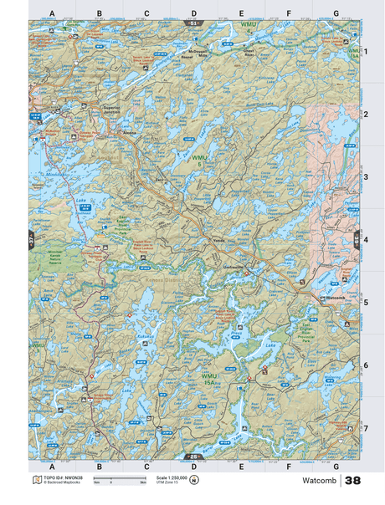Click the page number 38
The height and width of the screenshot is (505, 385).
point(352,481)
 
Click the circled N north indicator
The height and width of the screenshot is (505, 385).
point(194,479)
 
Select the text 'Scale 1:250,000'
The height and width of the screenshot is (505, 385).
point(161,477)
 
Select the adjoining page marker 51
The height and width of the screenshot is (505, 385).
point(193,23)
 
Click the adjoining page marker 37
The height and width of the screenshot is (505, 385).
point(31,239)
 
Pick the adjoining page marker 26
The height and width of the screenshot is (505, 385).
point(193,456)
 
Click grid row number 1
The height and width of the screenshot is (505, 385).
point(365,51)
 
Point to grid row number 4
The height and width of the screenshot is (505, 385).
point(365,239)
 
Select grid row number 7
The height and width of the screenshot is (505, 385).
point(365,428)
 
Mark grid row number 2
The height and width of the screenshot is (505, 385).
point(365,114)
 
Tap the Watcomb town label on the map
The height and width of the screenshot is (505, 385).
point(334,297)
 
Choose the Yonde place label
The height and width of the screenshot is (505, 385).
point(219,239)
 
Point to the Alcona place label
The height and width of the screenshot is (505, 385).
point(131,131)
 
